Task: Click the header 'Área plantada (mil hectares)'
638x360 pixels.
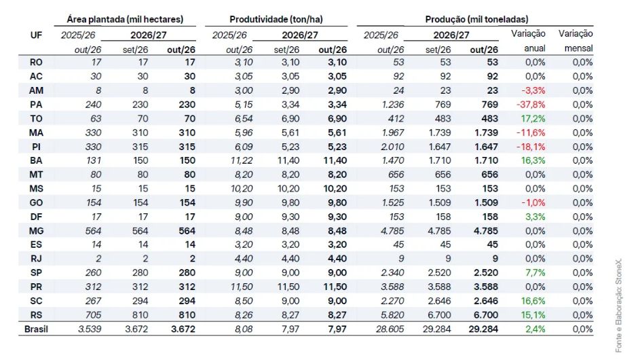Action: point(125,19)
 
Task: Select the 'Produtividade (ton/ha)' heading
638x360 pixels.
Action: point(276,19)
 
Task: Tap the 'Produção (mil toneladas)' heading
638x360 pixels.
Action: point(476,19)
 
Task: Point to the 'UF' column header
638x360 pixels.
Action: point(36,35)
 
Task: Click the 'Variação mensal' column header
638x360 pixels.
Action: point(576,41)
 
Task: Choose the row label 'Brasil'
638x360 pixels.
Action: point(36,329)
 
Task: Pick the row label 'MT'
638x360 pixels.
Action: point(36,175)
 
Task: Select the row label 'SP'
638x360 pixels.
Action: point(36,273)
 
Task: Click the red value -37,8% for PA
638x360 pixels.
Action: point(531,105)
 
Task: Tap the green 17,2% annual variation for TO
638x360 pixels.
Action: point(533,119)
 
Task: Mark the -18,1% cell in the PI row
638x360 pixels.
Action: point(531,147)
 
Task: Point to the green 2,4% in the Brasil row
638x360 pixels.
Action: point(535,329)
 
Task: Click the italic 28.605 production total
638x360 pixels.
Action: point(390,329)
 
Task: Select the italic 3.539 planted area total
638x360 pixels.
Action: point(90,329)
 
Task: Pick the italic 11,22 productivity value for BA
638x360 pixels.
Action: point(242,161)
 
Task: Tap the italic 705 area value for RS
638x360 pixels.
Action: point(93,315)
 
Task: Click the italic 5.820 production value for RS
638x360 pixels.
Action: point(392,315)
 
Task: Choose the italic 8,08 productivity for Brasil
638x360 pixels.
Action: point(244,329)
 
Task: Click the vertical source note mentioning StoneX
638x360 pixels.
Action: point(618,306)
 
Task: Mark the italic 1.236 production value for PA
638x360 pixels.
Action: point(393,105)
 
